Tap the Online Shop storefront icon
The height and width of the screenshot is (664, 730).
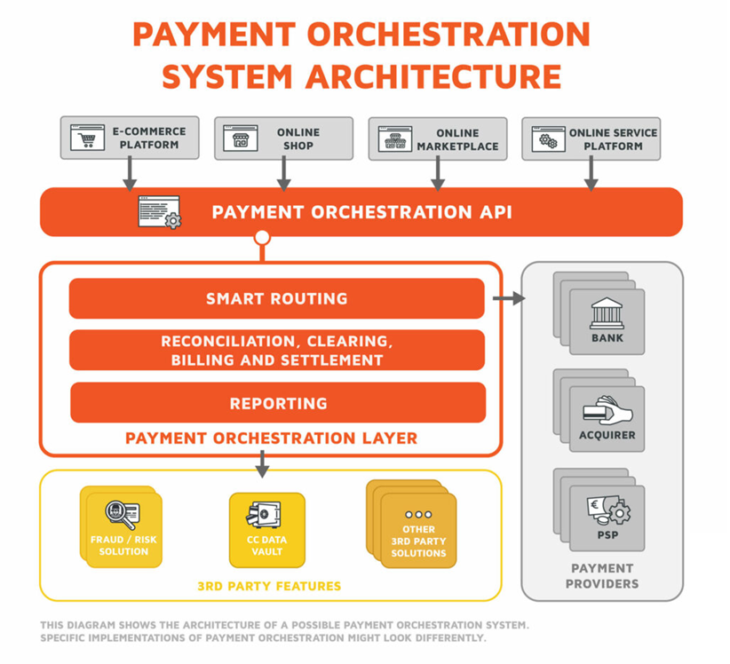coord(240,138)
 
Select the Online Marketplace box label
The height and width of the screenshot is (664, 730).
coord(457,139)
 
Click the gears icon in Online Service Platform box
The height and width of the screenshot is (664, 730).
coord(548,138)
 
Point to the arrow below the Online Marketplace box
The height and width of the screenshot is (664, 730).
coord(437,174)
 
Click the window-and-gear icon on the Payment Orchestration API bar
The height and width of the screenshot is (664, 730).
coord(160,213)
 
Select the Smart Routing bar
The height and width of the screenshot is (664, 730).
coord(277,298)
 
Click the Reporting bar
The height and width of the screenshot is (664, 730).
coord(278,403)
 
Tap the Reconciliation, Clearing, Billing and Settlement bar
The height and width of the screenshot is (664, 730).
coord(277,351)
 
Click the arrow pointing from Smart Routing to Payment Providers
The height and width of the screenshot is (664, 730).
coord(508,299)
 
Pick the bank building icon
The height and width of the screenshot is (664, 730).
coord(607,312)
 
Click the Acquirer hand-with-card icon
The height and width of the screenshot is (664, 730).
coord(607,409)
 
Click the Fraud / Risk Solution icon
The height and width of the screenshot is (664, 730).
coord(123,516)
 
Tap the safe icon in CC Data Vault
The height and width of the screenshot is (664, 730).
coord(266,516)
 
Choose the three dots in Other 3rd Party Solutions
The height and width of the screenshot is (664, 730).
coord(418,514)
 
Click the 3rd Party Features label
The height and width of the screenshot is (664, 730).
coord(269,586)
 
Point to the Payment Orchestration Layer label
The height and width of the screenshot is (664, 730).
coord(271,439)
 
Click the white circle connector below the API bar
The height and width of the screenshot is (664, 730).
coord(262,237)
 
